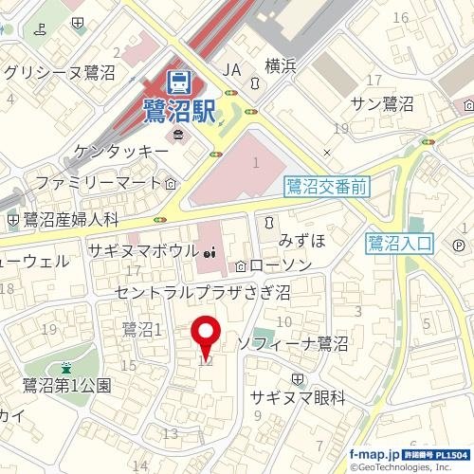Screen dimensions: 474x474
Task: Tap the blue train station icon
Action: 178,82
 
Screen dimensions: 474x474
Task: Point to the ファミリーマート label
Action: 100,180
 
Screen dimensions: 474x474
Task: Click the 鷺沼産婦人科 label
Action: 70,220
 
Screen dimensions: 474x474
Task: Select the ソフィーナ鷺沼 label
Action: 294,341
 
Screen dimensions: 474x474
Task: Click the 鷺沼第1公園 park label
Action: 67,385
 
